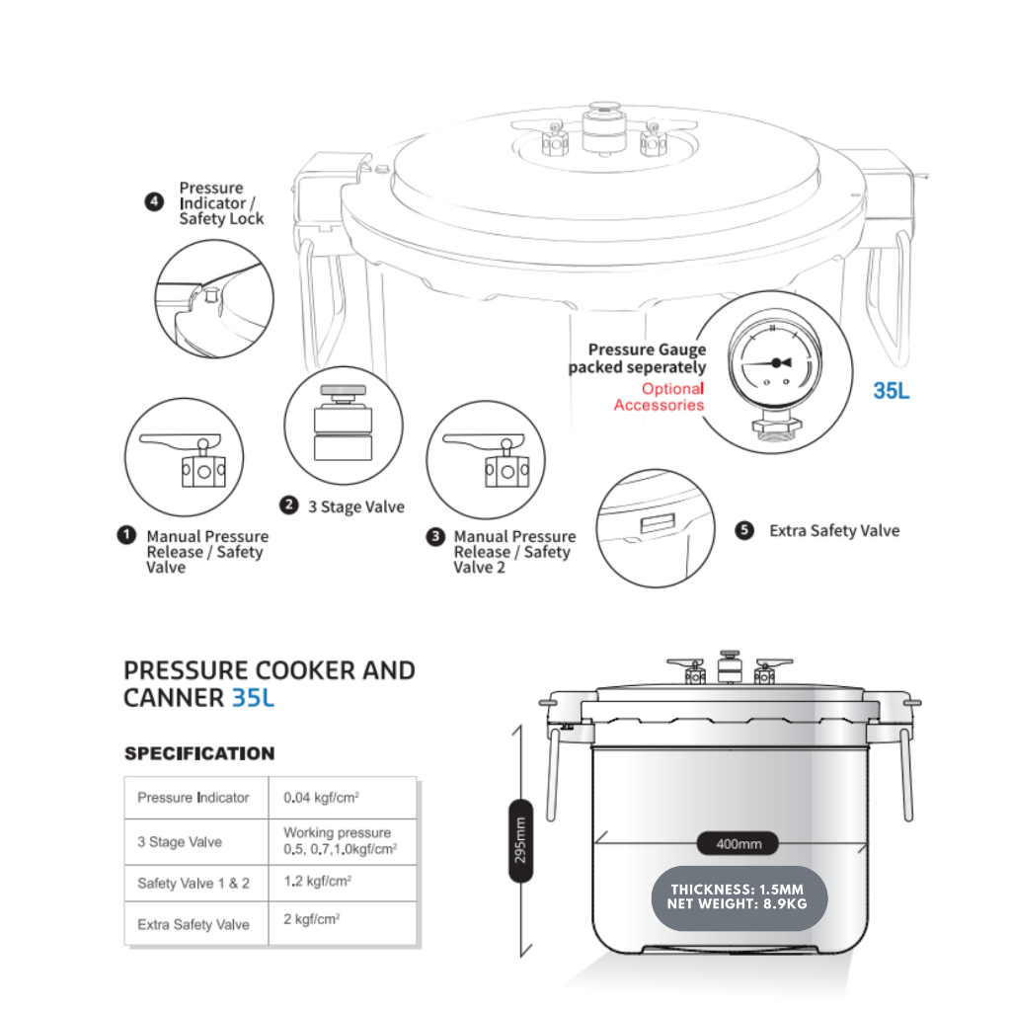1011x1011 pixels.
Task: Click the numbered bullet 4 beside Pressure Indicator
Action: click(x=153, y=202)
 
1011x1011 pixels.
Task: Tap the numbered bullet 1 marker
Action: click(x=126, y=535)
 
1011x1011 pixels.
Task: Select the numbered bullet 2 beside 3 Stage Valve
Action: click(x=289, y=505)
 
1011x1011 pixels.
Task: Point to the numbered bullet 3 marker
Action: click(x=435, y=536)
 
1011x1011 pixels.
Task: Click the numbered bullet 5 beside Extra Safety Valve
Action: click(x=744, y=530)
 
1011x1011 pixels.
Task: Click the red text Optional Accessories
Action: click(x=659, y=397)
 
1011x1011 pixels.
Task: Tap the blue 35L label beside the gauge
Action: click(x=892, y=391)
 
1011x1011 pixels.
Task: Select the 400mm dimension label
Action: click(x=739, y=843)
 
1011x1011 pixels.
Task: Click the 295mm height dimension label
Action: click(x=521, y=840)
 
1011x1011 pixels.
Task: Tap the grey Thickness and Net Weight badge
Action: click(x=739, y=897)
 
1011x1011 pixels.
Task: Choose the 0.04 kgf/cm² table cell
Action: click(x=342, y=798)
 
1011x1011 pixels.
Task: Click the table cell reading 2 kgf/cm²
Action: click(x=342, y=923)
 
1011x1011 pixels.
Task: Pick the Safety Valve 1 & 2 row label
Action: click(x=194, y=884)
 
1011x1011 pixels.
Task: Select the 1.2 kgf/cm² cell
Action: click(x=342, y=883)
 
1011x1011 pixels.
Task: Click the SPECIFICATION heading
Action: click(x=199, y=753)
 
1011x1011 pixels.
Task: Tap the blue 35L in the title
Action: click(x=253, y=698)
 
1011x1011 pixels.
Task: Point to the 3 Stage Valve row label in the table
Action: click(x=180, y=842)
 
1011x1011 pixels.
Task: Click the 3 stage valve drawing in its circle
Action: click(x=343, y=423)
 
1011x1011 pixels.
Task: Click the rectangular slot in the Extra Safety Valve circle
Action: click(x=658, y=523)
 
